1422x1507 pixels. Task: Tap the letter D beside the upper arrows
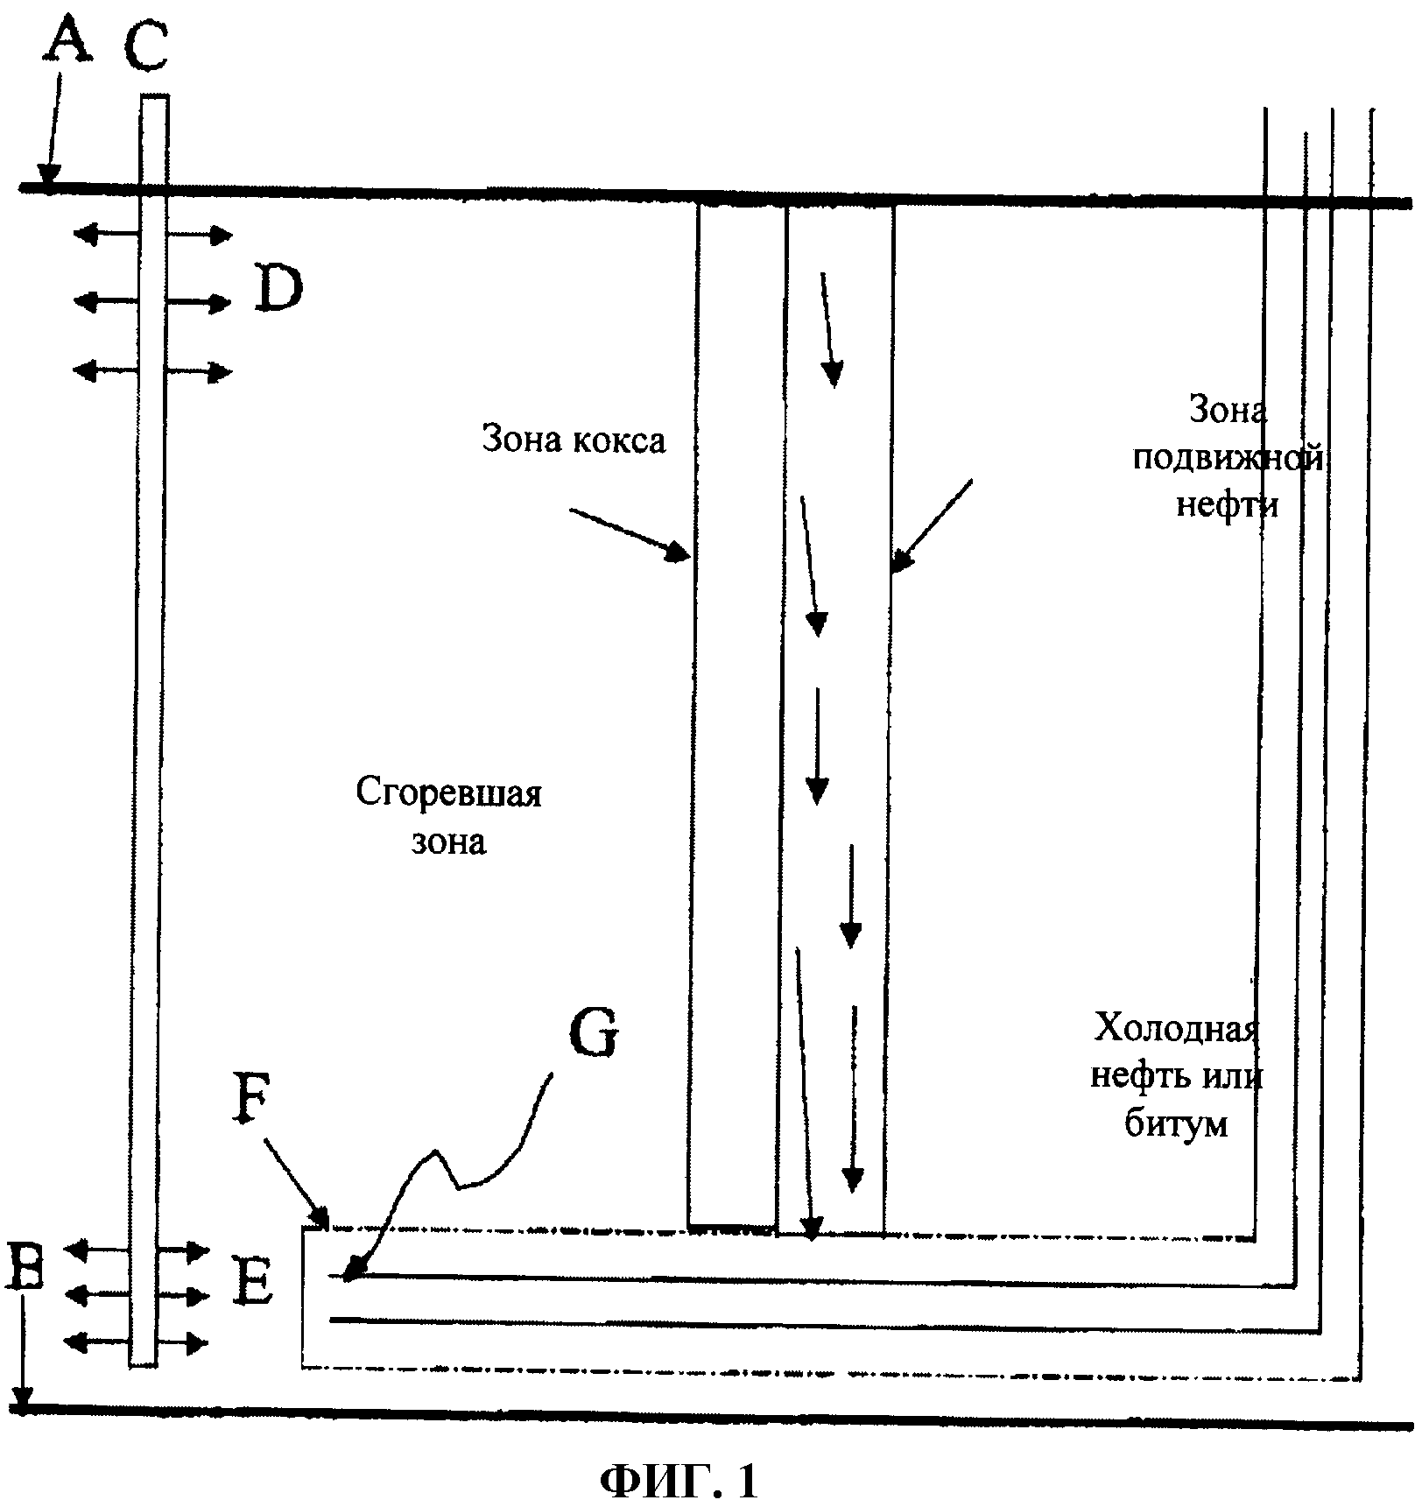(x=278, y=290)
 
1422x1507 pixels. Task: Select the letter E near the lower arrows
(x=255, y=1285)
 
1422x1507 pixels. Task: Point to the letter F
(x=251, y=1107)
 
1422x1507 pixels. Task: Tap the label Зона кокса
(x=574, y=440)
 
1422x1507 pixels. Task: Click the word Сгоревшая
(x=448, y=793)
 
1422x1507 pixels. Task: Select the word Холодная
(x=1176, y=1027)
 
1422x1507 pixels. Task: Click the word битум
(x=1175, y=1123)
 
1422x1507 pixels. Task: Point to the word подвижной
(x=1227, y=458)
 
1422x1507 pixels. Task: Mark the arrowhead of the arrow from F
(x=321, y=1220)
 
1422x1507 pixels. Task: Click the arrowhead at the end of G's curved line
(x=349, y=1274)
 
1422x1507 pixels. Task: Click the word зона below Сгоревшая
(x=448, y=842)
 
